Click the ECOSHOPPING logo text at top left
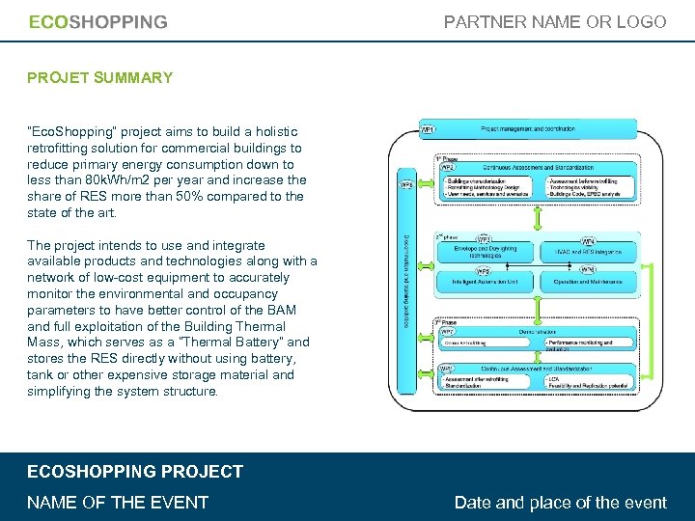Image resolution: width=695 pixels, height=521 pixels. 97,22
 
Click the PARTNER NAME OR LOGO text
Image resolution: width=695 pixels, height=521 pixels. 555,21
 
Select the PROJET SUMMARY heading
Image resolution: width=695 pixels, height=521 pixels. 100,77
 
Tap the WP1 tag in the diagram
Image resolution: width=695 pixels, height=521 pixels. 428,129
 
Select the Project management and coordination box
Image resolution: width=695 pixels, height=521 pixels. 541,128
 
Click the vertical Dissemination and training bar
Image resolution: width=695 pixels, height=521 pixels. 405,275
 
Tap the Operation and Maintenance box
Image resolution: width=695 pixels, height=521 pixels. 590,282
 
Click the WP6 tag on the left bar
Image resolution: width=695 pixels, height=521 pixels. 406,184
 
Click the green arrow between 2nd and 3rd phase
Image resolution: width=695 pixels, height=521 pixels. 538,307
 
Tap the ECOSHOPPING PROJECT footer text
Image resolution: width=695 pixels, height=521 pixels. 135,472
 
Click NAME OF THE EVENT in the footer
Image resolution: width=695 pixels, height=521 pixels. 118,502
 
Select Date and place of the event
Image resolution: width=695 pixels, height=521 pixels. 560,502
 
